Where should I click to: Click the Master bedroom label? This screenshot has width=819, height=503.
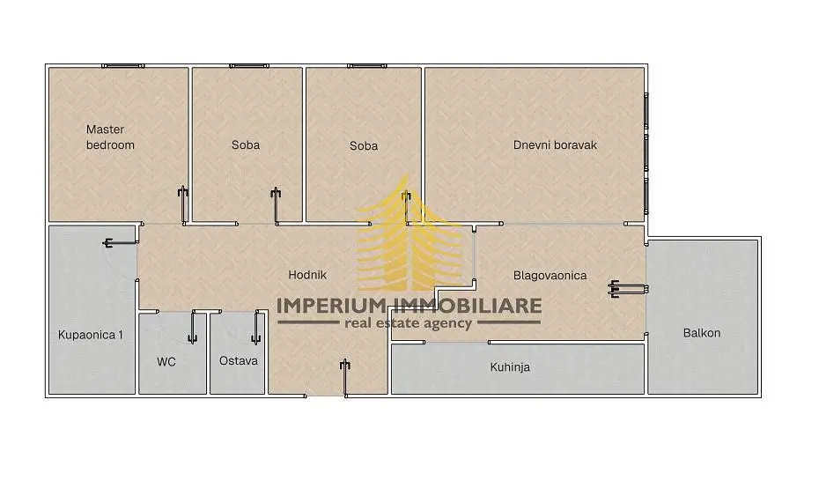[x=110, y=137]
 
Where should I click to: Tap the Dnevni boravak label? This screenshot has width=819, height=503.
[x=555, y=145]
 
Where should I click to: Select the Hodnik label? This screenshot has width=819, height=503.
[x=307, y=275]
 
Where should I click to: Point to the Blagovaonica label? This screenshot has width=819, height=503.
[x=550, y=275]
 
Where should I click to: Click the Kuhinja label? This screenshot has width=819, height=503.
[x=510, y=367]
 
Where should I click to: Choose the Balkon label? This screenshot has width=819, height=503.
[x=702, y=333]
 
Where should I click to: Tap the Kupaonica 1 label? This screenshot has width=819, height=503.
[x=91, y=335]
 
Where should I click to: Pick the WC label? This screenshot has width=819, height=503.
[x=166, y=361]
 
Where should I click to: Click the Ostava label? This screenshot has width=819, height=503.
[x=238, y=361]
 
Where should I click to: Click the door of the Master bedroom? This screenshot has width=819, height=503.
[x=183, y=205]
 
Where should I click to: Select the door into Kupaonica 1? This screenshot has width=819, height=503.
[x=120, y=243]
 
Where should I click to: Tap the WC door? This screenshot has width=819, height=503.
[x=192, y=327]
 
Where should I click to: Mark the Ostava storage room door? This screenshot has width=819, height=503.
[x=256, y=327]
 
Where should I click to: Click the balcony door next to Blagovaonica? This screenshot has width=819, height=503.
[x=629, y=289]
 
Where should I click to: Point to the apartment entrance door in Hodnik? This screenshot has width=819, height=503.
[x=344, y=378]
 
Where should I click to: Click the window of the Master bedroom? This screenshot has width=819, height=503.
[x=123, y=66]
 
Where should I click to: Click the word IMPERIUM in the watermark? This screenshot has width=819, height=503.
[x=330, y=306]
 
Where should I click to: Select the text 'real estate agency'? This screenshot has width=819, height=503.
[x=408, y=323]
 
